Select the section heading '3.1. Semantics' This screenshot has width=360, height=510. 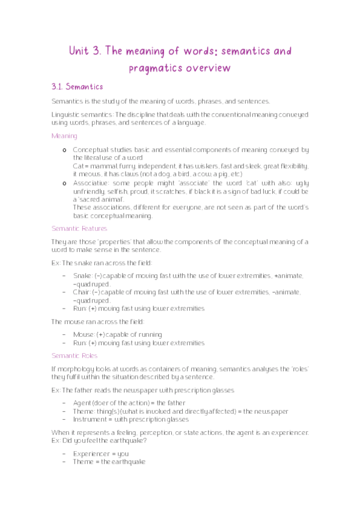coord(78,87)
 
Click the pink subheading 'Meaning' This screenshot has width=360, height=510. coord(64,136)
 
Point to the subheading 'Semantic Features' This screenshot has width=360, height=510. coord(79,229)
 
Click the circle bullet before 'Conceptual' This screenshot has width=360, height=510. coord(64,150)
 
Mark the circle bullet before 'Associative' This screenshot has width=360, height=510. coord(64,183)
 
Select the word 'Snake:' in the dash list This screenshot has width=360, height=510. coord(83,275)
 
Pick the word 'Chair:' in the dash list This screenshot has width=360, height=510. coord(82,292)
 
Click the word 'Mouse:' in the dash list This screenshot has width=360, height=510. coord(84,334)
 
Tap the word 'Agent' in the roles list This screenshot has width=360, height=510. coord(82,402)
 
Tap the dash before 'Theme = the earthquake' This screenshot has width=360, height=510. coord(64,462)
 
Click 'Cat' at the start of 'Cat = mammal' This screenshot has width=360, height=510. coord(77,166)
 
